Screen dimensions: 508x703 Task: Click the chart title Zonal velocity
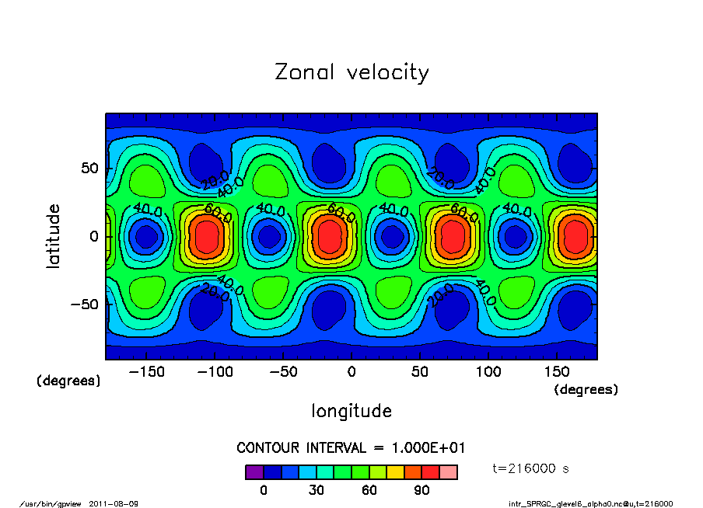click(351, 73)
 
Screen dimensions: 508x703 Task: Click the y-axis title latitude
click(54, 235)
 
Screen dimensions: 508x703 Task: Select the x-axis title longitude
click(351, 411)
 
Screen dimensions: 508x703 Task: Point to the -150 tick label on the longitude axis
click(145, 373)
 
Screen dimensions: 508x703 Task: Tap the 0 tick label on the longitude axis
click(351, 373)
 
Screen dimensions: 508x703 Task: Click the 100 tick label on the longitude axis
click(488, 373)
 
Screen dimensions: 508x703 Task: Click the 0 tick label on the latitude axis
click(93, 236)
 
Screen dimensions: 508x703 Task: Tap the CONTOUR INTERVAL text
click(351, 448)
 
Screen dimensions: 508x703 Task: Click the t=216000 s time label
click(533, 468)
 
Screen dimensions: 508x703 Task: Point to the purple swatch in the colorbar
click(254, 472)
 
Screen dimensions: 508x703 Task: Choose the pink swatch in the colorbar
click(449, 472)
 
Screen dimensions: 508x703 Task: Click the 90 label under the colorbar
click(422, 490)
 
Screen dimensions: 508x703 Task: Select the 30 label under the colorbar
click(317, 490)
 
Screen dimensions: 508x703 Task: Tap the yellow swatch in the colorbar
click(396, 472)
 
